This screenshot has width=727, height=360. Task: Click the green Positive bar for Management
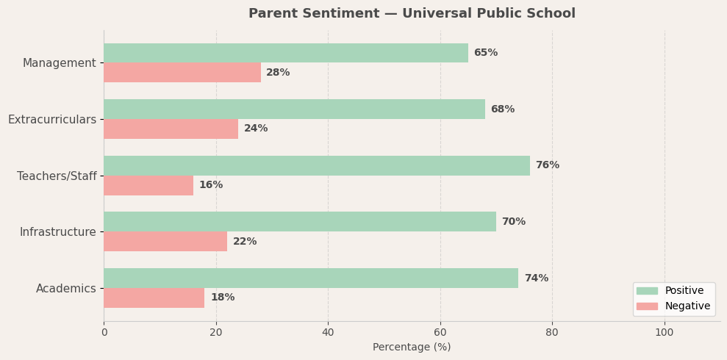286,53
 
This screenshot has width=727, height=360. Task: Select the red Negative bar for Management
182,73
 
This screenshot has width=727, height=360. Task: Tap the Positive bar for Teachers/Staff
317,165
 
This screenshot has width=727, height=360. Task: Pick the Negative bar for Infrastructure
165,242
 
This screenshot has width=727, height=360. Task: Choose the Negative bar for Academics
154,298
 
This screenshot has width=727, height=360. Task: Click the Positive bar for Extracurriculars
294,109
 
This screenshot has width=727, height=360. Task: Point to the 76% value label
547,165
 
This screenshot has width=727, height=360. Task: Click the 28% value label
278,73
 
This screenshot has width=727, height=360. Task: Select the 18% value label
222,298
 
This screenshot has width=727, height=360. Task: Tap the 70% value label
513,222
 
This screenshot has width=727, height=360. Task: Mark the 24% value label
256,129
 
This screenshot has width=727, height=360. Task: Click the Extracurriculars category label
52,119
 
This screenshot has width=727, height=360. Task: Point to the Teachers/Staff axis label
57,176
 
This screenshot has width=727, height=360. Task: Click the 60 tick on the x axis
440,332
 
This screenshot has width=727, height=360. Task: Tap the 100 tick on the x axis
665,332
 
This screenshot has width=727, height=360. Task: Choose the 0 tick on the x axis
104,332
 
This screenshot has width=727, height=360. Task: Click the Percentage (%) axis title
412,348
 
